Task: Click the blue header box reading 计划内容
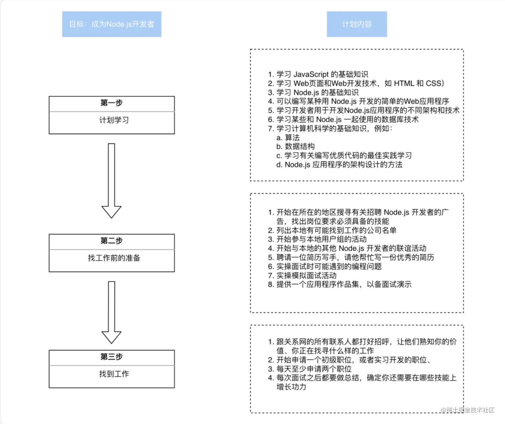tap(357, 24)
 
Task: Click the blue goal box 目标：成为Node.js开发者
tap(112, 24)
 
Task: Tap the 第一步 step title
tap(112, 103)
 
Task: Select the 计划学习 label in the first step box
tap(114, 120)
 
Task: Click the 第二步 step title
tap(112, 241)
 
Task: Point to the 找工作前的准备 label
tap(114, 258)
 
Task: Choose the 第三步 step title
tap(112, 357)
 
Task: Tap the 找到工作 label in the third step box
tap(114, 374)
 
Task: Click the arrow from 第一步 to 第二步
tap(112, 180)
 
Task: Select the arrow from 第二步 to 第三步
tap(112, 312)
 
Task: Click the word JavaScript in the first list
tap(311, 74)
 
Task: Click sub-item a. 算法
tap(288, 137)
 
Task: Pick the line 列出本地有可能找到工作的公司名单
tap(332, 230)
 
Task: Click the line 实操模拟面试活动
tap(302, 275)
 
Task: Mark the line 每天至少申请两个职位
tap(310, 369)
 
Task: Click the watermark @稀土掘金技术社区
tap(468, 410)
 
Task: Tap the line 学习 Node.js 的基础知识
tap(313, 92)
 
